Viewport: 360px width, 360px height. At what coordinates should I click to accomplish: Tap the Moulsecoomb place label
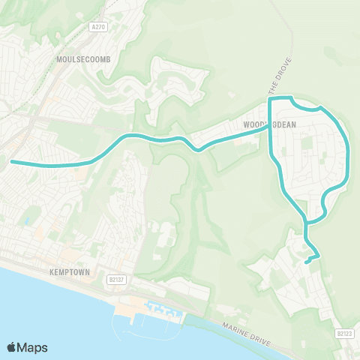pos(82,58)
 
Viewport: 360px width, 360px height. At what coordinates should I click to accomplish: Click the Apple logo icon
pos(12,347)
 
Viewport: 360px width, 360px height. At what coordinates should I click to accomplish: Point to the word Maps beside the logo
pos(34,347)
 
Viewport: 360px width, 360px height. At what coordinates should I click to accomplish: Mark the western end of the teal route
pos(11,160)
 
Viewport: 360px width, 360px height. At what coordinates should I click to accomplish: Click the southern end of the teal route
pos(307,262)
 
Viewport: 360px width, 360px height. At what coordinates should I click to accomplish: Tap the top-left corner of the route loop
pos(270,99)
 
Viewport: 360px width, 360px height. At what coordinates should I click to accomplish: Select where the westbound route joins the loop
pos(270,127)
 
